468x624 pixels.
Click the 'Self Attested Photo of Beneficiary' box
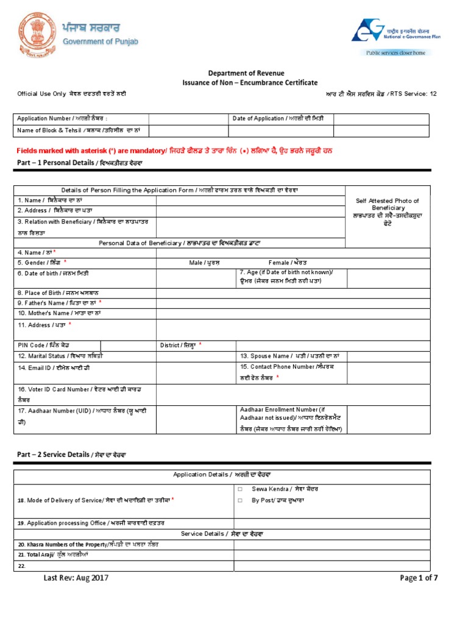[387, 212]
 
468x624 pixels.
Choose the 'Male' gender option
[204, 263]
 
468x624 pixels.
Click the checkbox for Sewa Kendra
[241, 489]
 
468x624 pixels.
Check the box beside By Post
[241, 500]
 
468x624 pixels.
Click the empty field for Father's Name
[250, 303]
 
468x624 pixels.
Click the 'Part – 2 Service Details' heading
[70, 455]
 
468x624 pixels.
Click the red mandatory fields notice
[174, 150]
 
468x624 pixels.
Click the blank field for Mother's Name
[250, 313]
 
